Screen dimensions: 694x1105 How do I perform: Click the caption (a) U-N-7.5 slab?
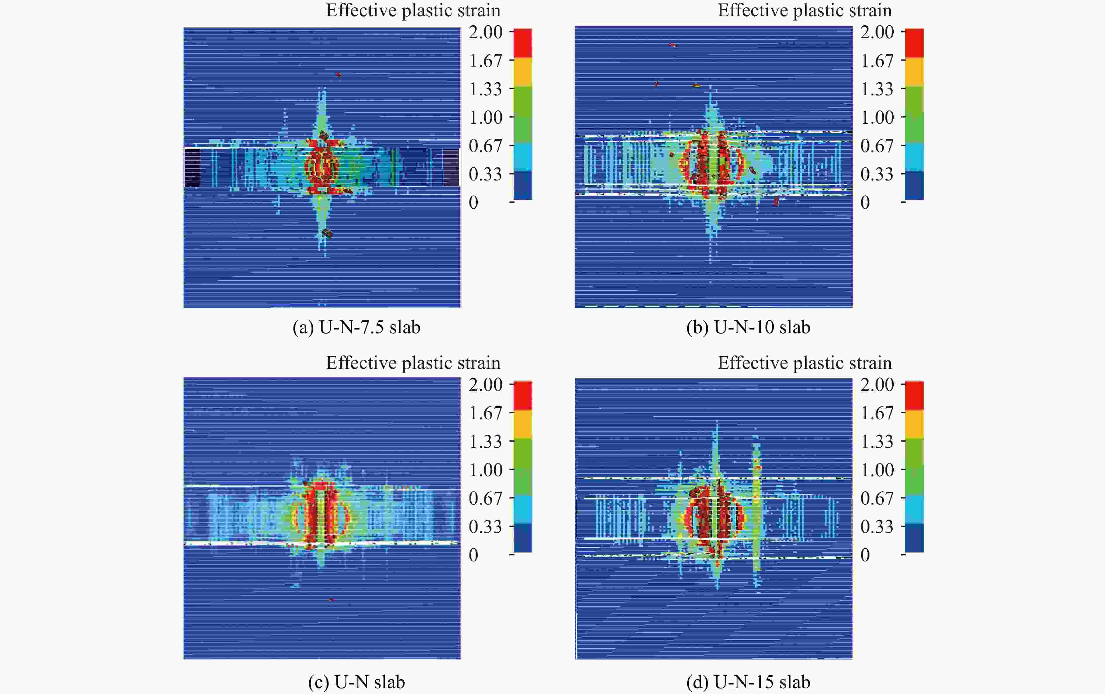pyautogui.click(x=357, y=327)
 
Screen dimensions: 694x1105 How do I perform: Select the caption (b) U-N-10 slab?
pyautogui.click(x=748, y=327)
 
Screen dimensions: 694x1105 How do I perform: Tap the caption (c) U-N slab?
pyautogui.click(x=357, y=682)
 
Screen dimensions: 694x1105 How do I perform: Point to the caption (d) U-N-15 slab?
pyautogui.click(x=748, y=682)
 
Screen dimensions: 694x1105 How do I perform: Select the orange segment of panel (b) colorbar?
pyautogui.click(x=914, y=72)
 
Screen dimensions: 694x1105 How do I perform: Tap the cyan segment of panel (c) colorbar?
pyautogui.click(x=523, y=509)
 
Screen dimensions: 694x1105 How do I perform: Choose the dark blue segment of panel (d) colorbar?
pyautogui.click(x=914, y=538)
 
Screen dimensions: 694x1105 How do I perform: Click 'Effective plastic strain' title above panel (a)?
pyautogui.click(x=413, y=11)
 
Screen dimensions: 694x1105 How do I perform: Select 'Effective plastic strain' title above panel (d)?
pyautogui.click(x=804, y=363)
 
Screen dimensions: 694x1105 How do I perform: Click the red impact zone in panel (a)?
pyautogui.click(x=323, y=166)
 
